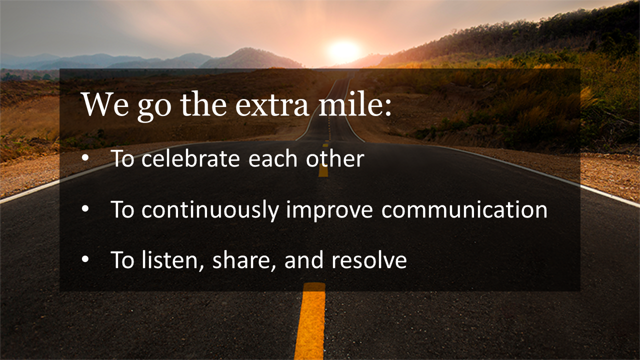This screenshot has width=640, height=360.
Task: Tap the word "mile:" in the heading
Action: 355,103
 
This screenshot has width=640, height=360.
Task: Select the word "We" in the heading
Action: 105,104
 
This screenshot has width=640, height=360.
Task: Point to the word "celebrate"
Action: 190,158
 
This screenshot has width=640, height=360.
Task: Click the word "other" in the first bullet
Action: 335,158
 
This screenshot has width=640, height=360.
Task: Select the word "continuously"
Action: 210,210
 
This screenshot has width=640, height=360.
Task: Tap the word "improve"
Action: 329,211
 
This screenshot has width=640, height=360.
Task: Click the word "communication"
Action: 464,209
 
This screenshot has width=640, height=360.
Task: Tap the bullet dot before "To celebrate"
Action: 85,158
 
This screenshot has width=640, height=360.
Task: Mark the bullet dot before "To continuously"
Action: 85,209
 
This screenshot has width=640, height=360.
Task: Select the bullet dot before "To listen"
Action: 85,259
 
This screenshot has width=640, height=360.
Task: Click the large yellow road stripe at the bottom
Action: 310,321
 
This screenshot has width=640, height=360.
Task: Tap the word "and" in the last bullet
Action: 304,260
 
